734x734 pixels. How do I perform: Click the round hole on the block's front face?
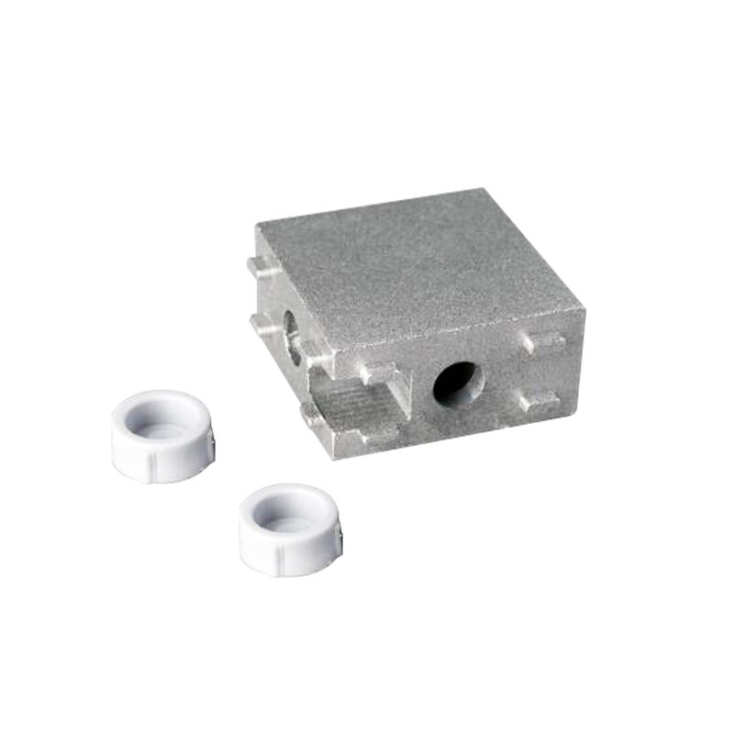pos(456,383)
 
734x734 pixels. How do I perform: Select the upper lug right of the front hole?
pos(543,340)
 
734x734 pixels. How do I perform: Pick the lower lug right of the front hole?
pos(537,401)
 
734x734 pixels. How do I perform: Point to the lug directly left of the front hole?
pos(377,373)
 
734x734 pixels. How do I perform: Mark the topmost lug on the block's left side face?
pos(258,266)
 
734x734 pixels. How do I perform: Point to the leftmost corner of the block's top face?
pos(256,223)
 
